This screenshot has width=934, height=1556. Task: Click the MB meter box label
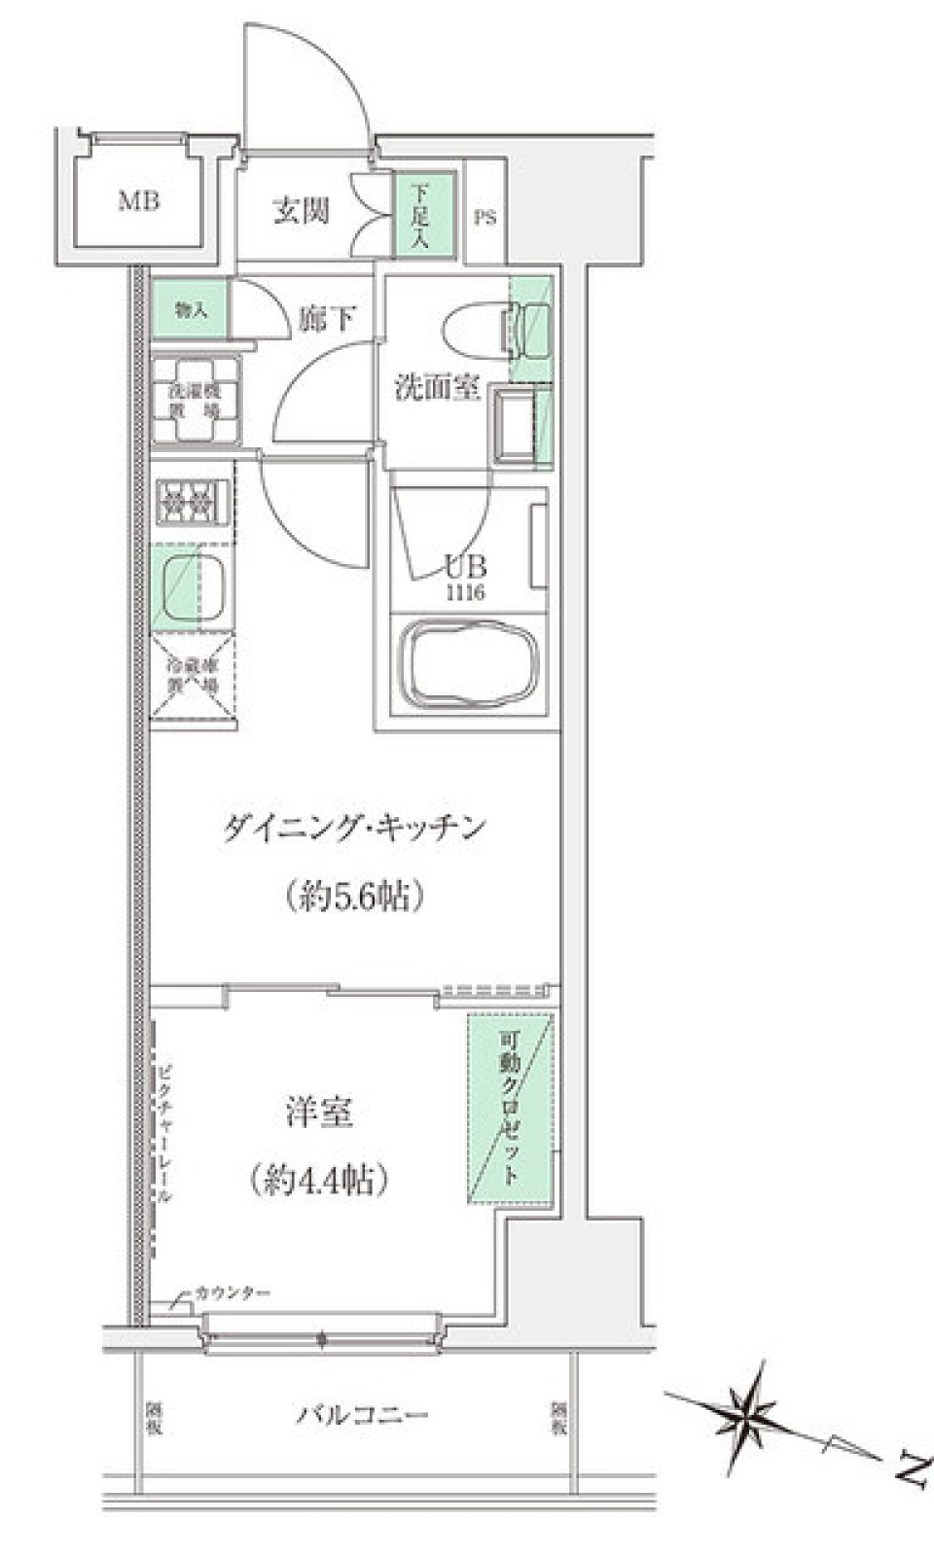[x=139, y=202]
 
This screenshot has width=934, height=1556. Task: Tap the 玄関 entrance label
[x=301, y=211]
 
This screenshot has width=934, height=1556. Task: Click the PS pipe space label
[x=485, y=218]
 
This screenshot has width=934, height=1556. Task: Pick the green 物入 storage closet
[x=190, y=310]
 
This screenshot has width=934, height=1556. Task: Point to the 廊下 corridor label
[x=327, y=318]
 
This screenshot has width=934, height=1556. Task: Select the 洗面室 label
[x=437, y=387]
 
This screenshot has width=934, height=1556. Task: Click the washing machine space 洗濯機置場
[x=195, y=401]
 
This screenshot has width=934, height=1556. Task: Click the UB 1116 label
[x=465, y=577]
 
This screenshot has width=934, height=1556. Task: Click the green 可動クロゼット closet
[x=511, y=1109]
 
